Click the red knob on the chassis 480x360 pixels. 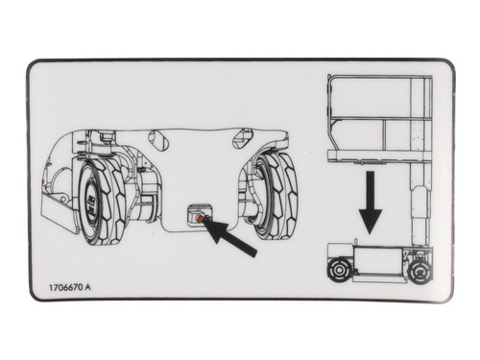tap(200, 219)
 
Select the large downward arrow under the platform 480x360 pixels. tap(370, 204)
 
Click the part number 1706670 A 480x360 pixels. tap(76, 287)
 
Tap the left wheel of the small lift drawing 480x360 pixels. tap(338, 271)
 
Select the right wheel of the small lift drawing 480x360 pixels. tap(420, 272)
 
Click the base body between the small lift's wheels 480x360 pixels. tap(379, 263)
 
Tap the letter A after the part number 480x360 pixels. tap(99, 287)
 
